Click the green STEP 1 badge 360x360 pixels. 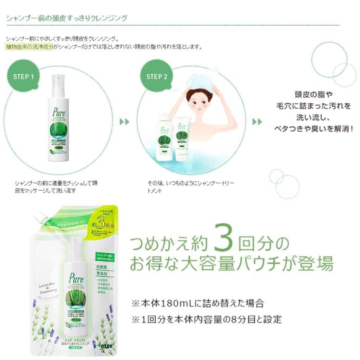[x=23, y=77]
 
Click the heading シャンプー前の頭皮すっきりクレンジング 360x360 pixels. [x=66, y=18]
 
